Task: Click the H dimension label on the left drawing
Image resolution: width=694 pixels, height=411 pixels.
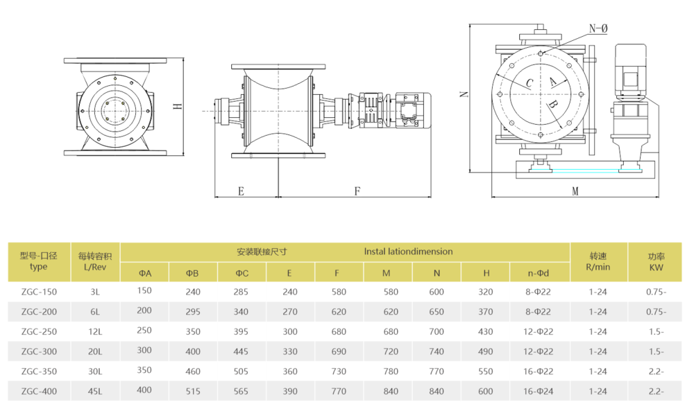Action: tap(177, 107)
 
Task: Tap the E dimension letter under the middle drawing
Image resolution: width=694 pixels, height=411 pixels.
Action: tap(241, 191)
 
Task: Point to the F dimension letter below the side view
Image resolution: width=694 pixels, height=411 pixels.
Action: tap(357, 191)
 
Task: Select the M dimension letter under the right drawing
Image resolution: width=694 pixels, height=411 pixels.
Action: tap(575, 191)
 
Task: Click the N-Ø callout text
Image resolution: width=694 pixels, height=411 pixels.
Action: tap(598, 28)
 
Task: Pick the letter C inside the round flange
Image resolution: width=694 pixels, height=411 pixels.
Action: tap(530, 83)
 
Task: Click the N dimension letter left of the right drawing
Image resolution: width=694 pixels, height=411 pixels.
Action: tap(464, 94)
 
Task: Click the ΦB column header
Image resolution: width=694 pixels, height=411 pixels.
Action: tap(192, 273)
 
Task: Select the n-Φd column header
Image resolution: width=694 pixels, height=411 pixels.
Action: tap(539, 273)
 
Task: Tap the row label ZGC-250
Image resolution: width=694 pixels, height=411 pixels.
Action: tap(39, 331)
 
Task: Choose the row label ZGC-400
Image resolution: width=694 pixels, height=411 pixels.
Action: tap(39, 391)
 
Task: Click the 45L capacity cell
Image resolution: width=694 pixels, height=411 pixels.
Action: tap(94, 391)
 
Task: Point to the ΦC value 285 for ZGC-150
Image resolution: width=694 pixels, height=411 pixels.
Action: tap(241, 292)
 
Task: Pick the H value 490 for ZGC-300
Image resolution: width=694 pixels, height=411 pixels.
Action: tap(486, 351)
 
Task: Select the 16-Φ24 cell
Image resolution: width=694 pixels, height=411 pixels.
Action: tap(539, 391)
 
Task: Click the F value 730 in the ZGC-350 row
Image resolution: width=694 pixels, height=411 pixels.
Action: tap(339, 371)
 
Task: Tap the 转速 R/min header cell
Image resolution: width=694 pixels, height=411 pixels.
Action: tap(598, 261)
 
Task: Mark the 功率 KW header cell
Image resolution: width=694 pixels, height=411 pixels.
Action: tap(656, 261)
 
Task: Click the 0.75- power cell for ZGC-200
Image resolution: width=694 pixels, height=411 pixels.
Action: tap(656, 312)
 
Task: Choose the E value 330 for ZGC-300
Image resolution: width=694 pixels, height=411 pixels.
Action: tap(290, 351)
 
